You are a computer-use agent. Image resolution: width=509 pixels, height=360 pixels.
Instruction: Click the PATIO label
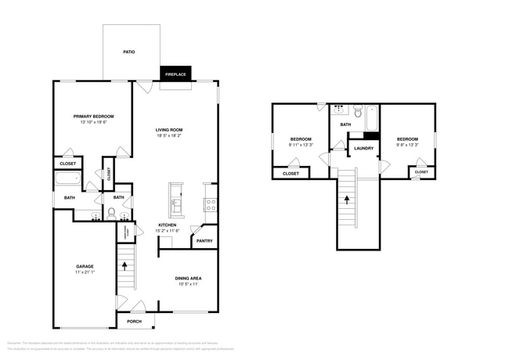(129, 52)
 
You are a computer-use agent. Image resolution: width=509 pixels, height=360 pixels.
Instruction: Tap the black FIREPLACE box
(175, 74)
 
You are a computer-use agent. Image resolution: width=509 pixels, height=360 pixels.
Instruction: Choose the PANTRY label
(204, 241)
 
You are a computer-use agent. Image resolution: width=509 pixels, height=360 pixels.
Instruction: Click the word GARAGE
(85, 266)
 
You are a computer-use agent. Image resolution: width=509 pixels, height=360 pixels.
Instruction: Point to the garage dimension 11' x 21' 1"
(85, 272)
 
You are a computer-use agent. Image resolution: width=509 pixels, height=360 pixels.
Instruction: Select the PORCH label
(135, 321)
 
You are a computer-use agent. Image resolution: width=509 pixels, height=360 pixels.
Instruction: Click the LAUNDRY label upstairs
(363, 148)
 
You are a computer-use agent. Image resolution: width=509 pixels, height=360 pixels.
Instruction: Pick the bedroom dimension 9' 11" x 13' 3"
(300, 145)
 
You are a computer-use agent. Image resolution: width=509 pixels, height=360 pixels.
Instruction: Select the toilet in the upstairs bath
(357, 113)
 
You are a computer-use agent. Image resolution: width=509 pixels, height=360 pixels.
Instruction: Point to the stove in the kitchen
(209, 205)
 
